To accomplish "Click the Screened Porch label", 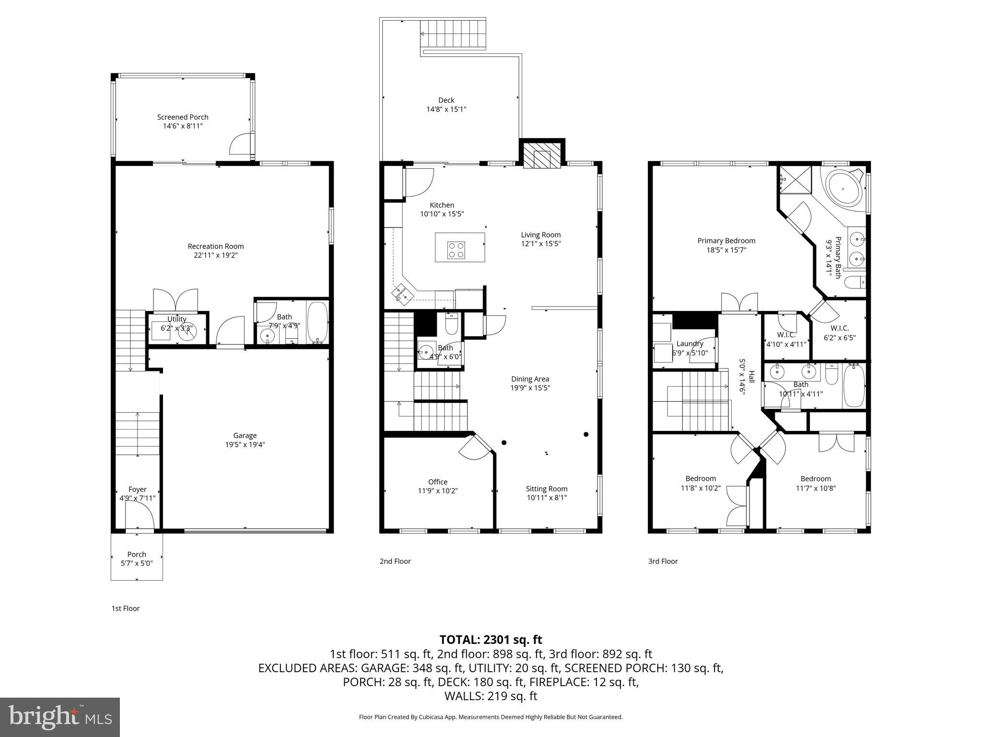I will click(183, 117).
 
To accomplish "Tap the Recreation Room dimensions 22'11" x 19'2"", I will click(215, 255).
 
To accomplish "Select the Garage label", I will click(245, 436).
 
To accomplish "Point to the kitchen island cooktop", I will click(456, 250).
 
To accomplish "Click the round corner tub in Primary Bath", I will click(843, 189).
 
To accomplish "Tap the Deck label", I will click(446, 100).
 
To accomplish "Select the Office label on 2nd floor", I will click(438, 482).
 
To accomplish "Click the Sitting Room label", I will click(547, 488).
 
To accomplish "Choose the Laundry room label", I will click(690, 344).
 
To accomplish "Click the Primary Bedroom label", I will click(726, 241).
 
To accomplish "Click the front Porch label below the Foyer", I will click(137, 554).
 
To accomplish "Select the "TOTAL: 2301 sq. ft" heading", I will click(491, 640).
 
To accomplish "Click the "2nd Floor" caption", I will click(395, 561).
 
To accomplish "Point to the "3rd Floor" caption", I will click(663, 561).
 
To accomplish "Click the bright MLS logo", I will click(60, 717).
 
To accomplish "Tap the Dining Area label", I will click(530, 379).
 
